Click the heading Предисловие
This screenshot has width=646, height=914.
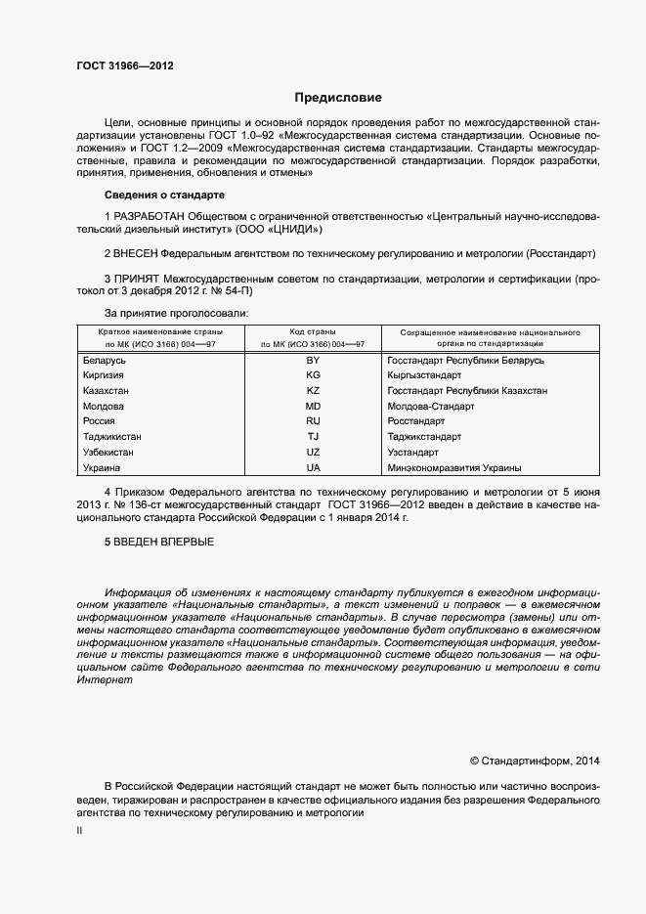click(x=339, y=98)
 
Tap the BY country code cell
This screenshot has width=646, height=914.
click(x=313, y=361)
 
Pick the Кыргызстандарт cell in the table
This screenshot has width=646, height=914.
click(x=427, y=375)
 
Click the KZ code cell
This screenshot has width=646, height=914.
click(x=313, y=391)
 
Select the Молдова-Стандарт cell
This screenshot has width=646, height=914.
click(x=431, y=406)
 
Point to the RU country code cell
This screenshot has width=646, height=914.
click(x=313, y=421)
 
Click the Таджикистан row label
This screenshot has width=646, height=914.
click(x=114, y=437)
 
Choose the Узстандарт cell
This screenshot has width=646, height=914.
click(x=414, y=453)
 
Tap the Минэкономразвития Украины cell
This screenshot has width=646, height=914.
click(x=453, y=468)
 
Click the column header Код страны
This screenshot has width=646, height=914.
click(x=312, y=332)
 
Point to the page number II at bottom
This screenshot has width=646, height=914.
click(x=79, y=831)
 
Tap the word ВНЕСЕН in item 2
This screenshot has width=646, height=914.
click(x=141, y=253)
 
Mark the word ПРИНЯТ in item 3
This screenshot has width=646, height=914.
click(x=138, y=279)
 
